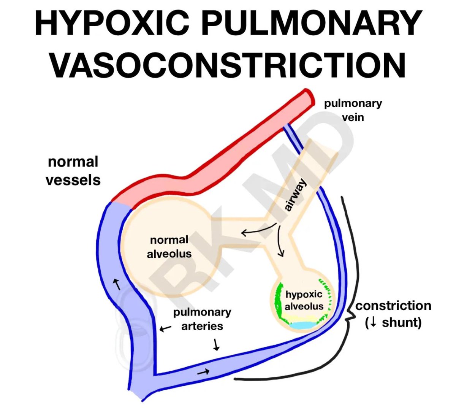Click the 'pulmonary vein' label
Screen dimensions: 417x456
[x=353, y=110]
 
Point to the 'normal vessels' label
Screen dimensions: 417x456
[x=73, y=171]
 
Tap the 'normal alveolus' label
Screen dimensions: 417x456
[x=169, y=247]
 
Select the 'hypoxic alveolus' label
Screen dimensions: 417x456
[x=304, y=300]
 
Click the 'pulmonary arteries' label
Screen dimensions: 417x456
[x=202, y=319]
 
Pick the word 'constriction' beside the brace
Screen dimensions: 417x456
[x=393, y=306]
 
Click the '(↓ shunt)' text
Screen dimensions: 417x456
[x=393, y=322]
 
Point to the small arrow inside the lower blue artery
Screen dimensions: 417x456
[x=203, y=372]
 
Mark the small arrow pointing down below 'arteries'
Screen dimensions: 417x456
[x=217, y=344]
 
